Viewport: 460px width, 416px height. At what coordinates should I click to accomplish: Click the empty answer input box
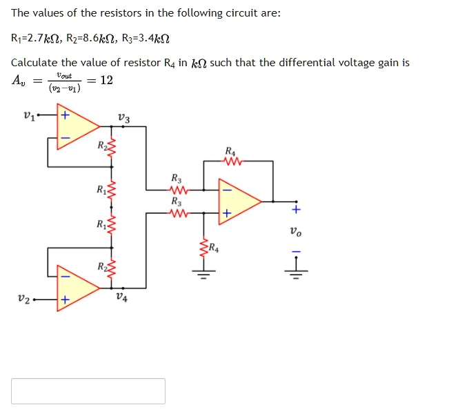click(88, 390)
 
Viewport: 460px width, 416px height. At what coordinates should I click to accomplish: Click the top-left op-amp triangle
click(75, 126)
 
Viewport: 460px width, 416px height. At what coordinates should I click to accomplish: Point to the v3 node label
click(123, 118)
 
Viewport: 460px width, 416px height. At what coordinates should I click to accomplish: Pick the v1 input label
click(28, 115)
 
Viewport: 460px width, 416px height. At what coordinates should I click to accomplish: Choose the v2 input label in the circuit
click(24, 300)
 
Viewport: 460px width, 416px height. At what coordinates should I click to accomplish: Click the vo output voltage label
click(297, 232)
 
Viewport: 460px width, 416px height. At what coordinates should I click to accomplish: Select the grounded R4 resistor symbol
click(203, 248)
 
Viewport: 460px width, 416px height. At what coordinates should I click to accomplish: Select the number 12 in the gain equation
click(106, 80)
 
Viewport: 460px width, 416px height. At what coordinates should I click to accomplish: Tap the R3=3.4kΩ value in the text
click(144, 38)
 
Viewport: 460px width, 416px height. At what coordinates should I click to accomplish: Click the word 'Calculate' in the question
click(34, 63)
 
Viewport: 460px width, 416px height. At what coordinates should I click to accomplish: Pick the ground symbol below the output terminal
click(297, 273)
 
